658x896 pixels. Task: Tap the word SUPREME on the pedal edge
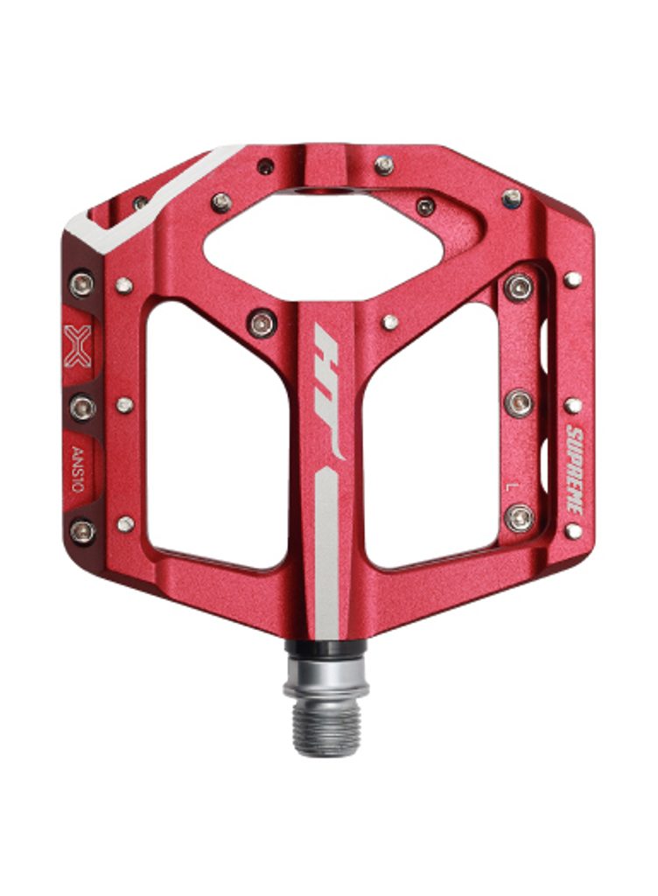[576, 469]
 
